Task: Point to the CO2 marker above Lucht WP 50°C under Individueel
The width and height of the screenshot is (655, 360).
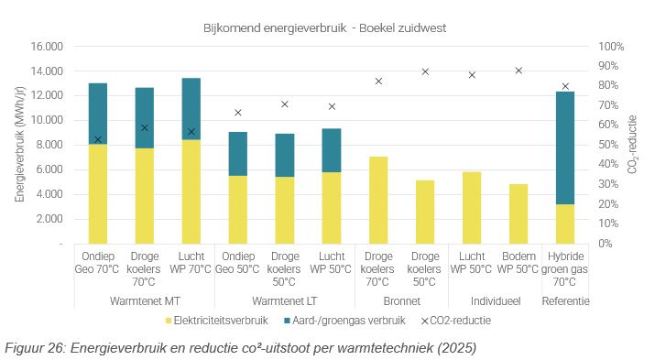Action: tap(472, 75)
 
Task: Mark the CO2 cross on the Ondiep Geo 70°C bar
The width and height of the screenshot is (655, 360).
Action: tap(98, 139)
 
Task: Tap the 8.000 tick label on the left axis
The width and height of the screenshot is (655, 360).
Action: tap(47, 145)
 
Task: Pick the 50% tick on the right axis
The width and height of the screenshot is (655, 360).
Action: tap(609, 145)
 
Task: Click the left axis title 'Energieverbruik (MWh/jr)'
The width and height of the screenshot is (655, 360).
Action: tap(19, 145)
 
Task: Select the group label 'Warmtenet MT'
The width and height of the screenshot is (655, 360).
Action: tap(144, 300)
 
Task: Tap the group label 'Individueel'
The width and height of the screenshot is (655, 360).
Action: tap(495, 300)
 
